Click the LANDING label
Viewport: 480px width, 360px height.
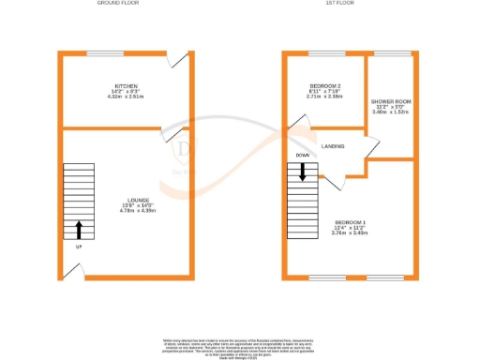tap(333, 146)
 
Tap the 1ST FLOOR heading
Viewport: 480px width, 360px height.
tap(338, 4)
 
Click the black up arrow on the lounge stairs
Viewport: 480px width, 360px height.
tap(78, 229)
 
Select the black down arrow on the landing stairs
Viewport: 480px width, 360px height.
tap(303, 172)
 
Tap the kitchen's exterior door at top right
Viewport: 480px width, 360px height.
tap(175, 59)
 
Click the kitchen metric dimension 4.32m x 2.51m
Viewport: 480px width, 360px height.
tap(124, 96)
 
